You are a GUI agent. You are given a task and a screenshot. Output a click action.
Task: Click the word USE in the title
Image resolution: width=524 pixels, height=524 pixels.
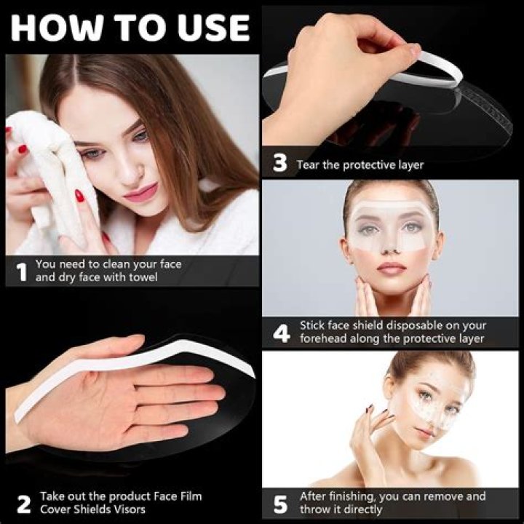click(213, 28)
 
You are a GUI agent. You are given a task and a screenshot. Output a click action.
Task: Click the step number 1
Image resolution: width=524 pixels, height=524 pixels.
click(22, 271)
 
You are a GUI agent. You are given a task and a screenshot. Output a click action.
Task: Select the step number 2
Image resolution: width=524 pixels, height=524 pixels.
click(24, 504)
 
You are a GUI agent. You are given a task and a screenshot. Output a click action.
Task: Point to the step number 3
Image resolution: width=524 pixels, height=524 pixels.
click(280, 163)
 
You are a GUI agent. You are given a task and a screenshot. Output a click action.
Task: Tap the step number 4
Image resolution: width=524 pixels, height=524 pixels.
click(281, 333)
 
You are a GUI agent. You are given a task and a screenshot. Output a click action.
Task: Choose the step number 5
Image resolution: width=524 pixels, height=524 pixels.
click(280, 504)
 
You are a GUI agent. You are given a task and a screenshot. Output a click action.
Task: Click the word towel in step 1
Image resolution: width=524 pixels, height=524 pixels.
click(143, 277)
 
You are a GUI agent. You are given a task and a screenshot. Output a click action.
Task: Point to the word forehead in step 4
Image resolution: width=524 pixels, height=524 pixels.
click(323, 338)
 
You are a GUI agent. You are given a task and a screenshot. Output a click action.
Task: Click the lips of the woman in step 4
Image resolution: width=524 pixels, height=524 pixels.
click(391, 269)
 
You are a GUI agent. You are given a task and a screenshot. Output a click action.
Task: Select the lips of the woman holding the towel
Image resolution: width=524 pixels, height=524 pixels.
click(141, 194)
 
